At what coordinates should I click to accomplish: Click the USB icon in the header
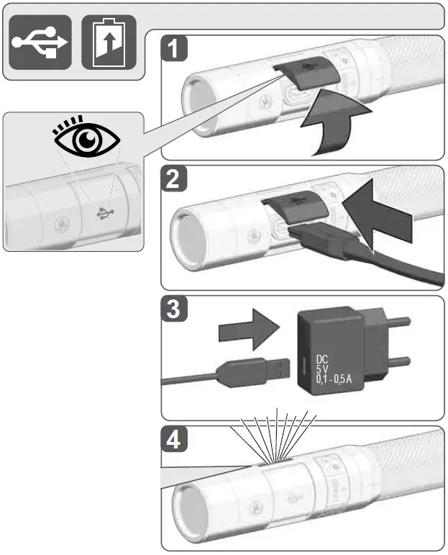(40, 42)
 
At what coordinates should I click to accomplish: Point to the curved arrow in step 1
(332, 122)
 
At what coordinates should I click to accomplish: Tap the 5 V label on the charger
(322, 369)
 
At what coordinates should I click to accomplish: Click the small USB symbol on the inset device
(106, 213)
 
